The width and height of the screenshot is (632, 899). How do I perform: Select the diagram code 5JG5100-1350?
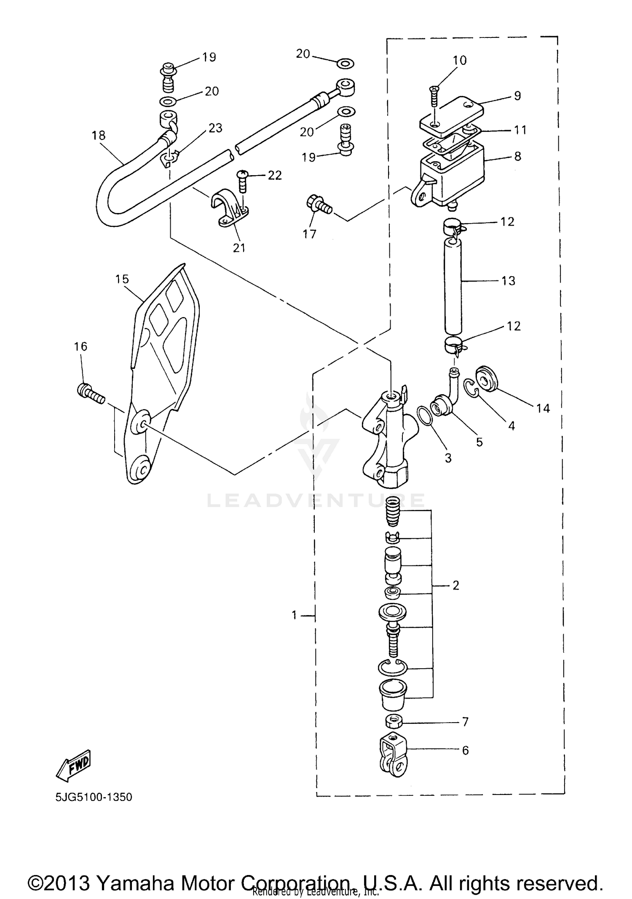[94, 797]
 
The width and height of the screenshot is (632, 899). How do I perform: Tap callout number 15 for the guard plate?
[122, 279]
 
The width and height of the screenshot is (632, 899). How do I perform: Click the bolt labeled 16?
[90, 394]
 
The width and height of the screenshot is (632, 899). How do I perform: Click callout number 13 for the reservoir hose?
[509, 281]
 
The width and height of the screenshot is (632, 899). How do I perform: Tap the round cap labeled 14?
[487, 380]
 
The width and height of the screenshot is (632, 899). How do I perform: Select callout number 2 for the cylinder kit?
[455, 585]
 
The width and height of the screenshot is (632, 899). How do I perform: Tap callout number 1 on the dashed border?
[295, 616]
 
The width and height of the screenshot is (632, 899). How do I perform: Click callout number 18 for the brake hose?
[99, 136]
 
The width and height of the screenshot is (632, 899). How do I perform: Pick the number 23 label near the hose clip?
[215, 128]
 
